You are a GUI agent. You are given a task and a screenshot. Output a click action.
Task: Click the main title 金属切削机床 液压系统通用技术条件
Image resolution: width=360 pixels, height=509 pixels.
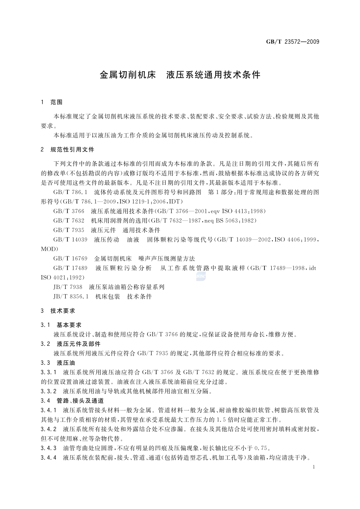[x=180, y=75]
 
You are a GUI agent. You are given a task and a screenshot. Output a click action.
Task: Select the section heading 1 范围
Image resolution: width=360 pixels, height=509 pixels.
[x=52, y=102]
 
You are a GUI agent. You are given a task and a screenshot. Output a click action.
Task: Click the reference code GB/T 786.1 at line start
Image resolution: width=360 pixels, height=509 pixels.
[x=70, y=192]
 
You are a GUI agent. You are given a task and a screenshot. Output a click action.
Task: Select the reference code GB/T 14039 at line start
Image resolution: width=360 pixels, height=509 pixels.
[x=70, y=240]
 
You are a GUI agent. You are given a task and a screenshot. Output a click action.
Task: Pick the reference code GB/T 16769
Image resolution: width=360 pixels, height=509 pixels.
[x=70, y=259]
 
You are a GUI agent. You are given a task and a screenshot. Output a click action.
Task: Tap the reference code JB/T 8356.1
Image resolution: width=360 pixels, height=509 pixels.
[x=71, y=297]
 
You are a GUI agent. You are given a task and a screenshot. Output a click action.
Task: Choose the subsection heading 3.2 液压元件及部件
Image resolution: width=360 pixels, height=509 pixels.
[x=70, y=344]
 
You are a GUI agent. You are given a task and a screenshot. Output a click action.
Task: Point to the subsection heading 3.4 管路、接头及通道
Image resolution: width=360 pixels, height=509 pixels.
[x=72, y=401]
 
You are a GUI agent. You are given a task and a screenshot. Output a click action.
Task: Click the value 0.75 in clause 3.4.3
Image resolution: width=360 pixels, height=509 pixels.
[x=262, y=448]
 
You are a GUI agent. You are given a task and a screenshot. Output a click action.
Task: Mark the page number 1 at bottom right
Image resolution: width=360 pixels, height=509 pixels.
[x=315, y=467]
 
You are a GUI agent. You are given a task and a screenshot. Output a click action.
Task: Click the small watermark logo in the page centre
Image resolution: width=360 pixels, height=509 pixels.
[x=201, y=277]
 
